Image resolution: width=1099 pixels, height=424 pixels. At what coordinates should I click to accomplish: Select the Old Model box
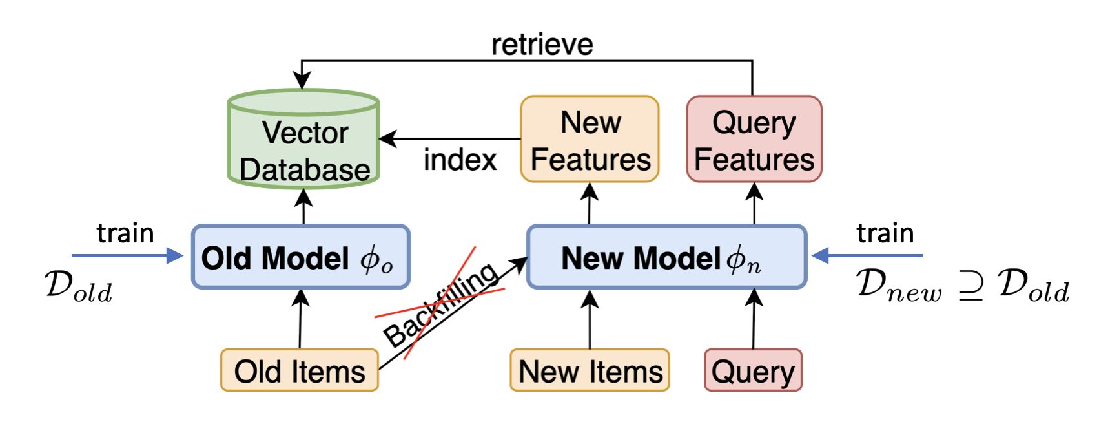point(301,257)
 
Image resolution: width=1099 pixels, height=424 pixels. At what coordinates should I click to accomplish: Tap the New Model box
point(666,257)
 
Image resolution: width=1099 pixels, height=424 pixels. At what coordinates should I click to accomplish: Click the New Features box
point(590,140)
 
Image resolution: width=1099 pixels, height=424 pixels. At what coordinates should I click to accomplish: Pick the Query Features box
point(754,140)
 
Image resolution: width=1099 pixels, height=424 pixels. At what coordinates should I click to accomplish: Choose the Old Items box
point(300,371)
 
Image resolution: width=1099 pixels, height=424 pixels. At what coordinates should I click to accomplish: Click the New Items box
point(590,371)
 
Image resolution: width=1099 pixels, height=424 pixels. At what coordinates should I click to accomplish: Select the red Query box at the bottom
point(753,371)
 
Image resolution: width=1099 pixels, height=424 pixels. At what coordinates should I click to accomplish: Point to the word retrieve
point(542,45)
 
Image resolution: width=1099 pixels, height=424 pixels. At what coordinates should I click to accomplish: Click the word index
point(460,160)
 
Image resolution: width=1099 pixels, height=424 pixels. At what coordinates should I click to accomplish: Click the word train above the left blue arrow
point(125,233)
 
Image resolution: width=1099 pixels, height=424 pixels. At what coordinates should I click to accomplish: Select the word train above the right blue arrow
point(885,233)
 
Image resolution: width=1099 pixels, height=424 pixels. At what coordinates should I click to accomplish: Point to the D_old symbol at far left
point(78,286)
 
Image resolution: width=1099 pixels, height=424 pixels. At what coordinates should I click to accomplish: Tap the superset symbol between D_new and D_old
point(971,286)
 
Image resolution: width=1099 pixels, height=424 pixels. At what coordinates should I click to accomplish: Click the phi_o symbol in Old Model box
point(376,259)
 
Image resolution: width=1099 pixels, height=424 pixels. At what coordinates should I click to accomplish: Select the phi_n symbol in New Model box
point(743,259)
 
